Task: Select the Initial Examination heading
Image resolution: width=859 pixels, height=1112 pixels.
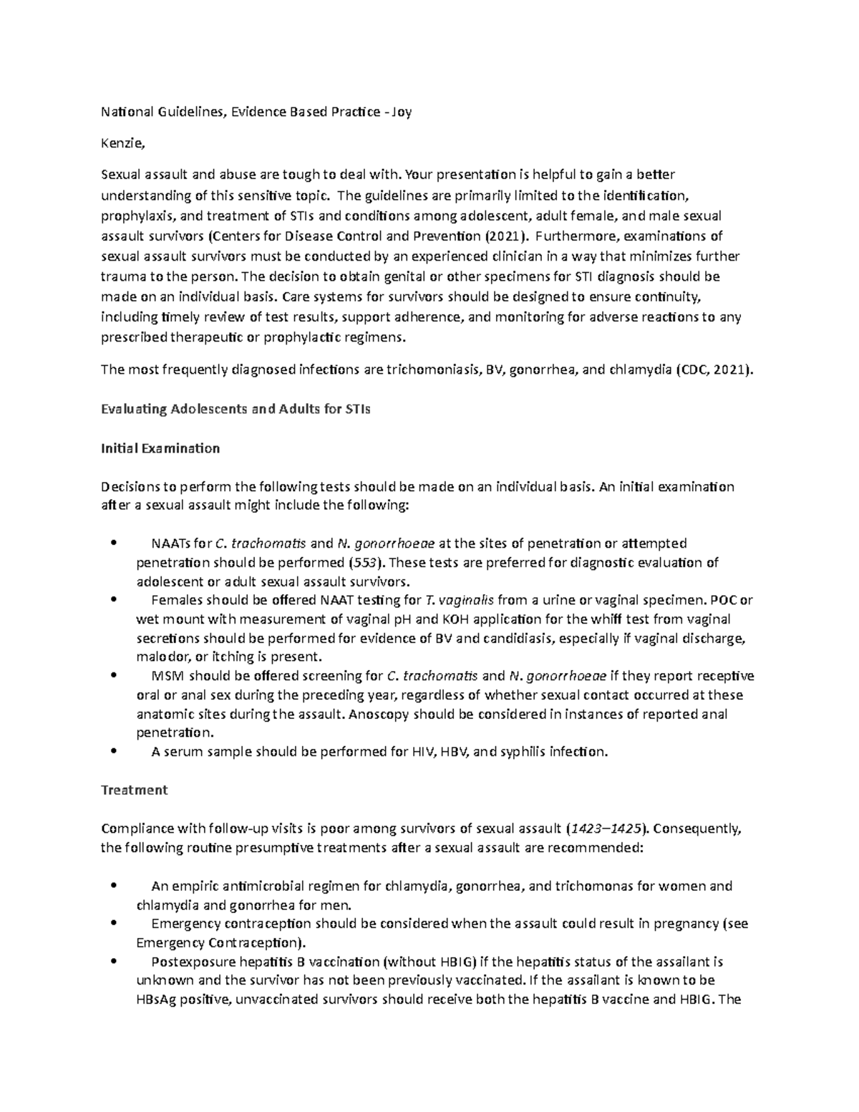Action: pos(160,449)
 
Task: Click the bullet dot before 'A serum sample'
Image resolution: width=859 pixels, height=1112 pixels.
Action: pos(115,751)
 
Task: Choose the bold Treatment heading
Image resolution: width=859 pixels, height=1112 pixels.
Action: pos(134,790)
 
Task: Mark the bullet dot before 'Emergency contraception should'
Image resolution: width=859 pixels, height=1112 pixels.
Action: pos(115,923)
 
